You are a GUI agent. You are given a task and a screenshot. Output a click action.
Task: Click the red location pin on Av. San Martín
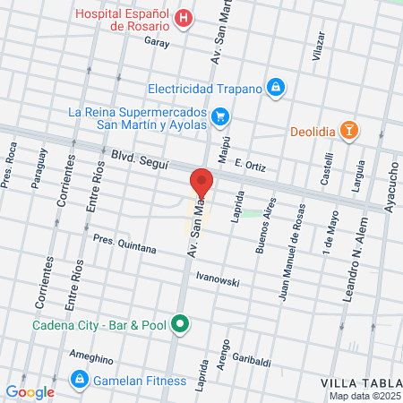click(201, 183)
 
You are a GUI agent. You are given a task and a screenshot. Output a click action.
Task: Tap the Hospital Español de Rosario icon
click(184, 19)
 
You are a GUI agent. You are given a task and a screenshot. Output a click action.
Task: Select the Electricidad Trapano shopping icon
click(276, 88)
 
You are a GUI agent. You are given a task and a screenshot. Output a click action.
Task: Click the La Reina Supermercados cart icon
click(220, 116)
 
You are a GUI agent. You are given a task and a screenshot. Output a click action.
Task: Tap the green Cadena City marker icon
click(181, 323)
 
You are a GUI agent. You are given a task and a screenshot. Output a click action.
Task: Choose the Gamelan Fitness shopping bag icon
click(81, 381)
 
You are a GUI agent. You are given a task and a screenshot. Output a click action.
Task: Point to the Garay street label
click(156, 42)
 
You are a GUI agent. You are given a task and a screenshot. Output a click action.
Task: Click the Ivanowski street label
click(218, 280)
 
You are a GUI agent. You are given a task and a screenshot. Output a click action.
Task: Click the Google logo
click(30, 391)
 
